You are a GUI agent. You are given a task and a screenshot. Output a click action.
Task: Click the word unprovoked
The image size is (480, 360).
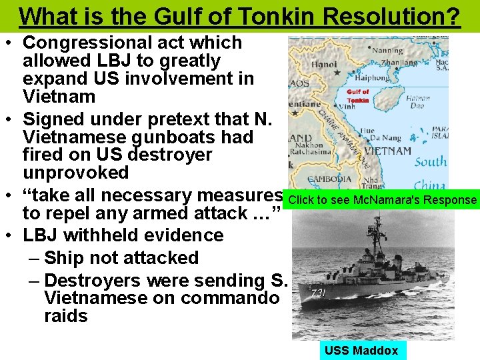pos(75,173)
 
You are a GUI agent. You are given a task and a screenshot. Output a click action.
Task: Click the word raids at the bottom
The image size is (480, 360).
pos(65,316)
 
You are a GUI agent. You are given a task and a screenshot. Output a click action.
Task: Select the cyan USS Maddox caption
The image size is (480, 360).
pos(361,351)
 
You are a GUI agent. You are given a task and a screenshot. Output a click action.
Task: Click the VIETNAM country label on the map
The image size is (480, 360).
pos(388,151)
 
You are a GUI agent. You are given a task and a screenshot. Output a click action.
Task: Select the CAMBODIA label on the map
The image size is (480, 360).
pos(329,179)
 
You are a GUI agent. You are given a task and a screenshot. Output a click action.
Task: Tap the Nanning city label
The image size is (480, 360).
pos(387,50)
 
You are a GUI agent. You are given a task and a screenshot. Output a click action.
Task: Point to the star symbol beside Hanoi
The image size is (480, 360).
pos(337,73)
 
